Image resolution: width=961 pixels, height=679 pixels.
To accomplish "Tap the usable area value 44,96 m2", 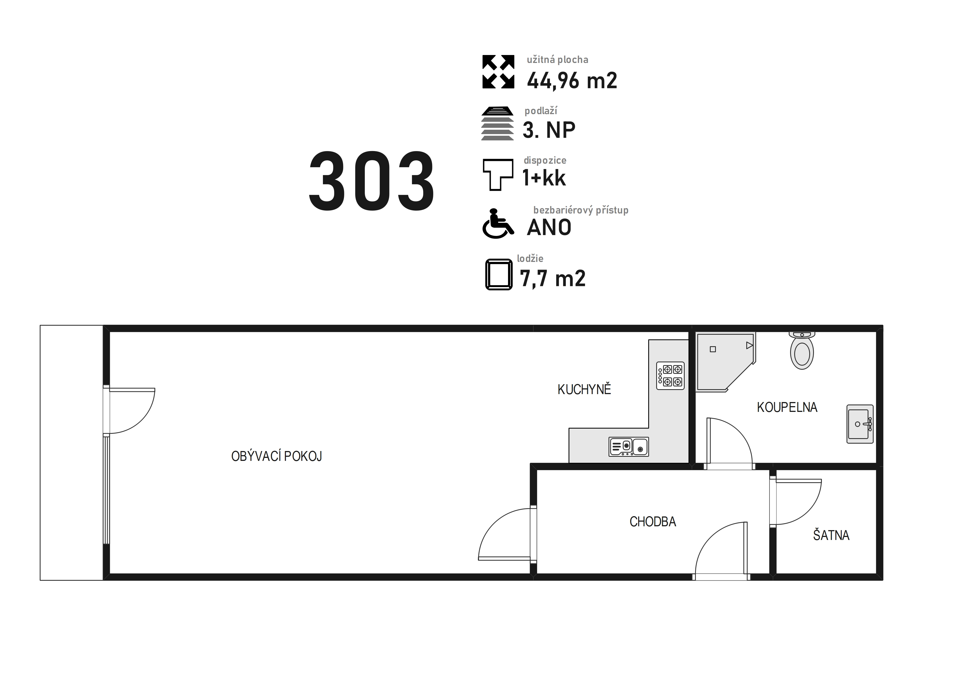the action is pos(572,80).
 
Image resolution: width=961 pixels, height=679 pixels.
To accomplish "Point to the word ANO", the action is pos(549,227).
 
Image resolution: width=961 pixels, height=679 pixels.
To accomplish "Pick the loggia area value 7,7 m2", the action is pos(552,278).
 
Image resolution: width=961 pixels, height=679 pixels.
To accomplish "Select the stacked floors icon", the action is pos(497,123).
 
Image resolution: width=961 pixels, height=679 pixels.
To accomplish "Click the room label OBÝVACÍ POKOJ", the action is pos(277,456).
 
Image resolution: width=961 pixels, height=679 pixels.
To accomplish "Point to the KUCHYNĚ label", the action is pos(584,389).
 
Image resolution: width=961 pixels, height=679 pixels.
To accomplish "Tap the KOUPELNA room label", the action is pos(787,407).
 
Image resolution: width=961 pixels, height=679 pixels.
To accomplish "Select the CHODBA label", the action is pos(653,522).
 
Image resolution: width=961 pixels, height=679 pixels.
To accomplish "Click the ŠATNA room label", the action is pos(831,535).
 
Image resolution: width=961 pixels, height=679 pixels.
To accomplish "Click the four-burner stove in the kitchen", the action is pos(670,376).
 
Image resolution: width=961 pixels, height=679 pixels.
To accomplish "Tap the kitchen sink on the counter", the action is pos(629,447).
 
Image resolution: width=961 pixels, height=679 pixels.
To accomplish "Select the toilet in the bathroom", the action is pos(802,351).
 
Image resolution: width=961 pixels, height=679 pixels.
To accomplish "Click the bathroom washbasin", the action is pos(860,424).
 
